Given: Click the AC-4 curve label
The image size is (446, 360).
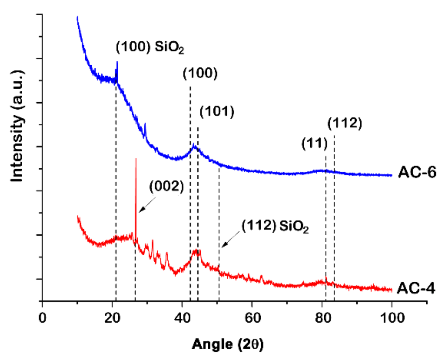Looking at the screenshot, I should [x=416, y=288].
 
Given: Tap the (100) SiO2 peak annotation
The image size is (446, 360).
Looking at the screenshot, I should [x=150, y=47].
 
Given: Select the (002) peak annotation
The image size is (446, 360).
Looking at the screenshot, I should [x=166, y=187].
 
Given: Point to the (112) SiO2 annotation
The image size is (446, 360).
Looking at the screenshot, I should [x=275, y=226].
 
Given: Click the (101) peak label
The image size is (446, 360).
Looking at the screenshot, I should [x=217, y=112].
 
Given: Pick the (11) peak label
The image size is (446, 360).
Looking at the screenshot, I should [x=314, y=143].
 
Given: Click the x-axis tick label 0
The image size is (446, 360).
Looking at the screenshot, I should [x=42, y=318].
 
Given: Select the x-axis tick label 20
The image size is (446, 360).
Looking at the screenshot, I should [x=112, y=318].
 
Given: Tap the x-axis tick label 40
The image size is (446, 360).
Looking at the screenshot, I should [x=182, y=318].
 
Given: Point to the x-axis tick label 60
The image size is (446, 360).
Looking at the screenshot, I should [x=252, y=318].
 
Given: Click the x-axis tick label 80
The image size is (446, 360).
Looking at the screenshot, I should [x=322, y=318].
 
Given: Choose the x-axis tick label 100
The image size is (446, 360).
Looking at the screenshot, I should [x=392, y=318].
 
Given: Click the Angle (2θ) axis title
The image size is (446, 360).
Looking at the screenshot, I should [x=228, y=344].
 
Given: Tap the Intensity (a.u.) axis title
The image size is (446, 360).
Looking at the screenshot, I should [x=17, y=126].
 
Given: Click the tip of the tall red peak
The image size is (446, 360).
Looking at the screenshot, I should [x=136, y=159].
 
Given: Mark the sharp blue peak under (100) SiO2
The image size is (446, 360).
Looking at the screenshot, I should [x=117, y=62].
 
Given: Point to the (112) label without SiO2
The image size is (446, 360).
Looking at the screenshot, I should [x=344, y=123].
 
